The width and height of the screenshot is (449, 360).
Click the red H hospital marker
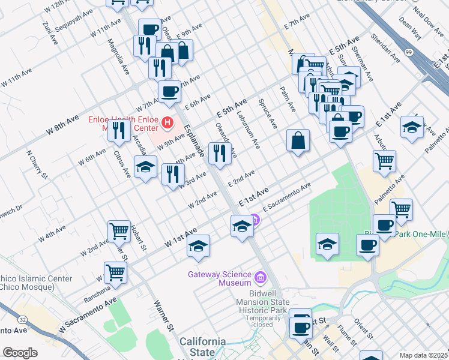pyautogui.click(x=167, y=124)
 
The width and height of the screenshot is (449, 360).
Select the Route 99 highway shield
pyautogui.click(x=409, y=53)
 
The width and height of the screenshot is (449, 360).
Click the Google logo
pyautogui.click(x=20, y=353)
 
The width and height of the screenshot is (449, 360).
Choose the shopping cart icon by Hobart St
pyautogui.click(x=119, y=230)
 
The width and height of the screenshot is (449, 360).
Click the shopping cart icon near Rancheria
pyautogui.click(x=115, y=271)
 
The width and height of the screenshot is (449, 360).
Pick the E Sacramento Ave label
pyautogui.click(x=287, y=197)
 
